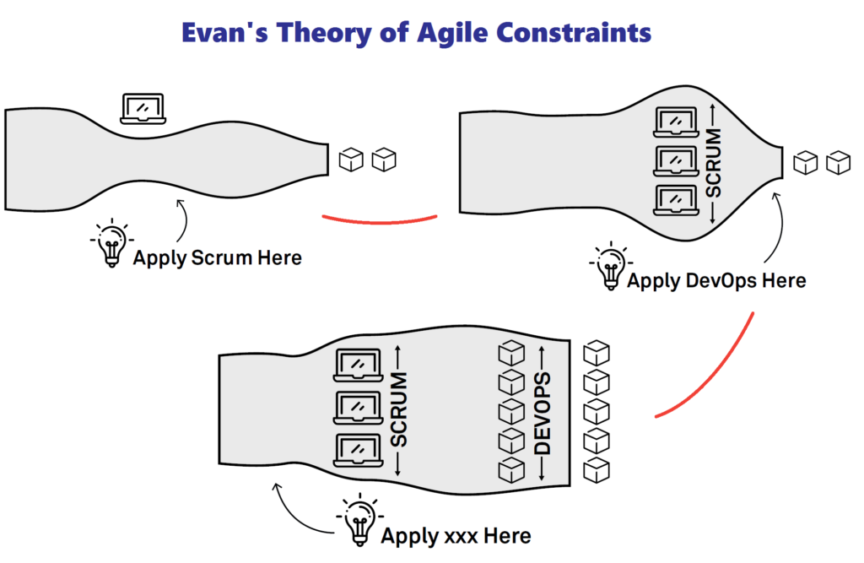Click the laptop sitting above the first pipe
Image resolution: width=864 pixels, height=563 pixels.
point(143,109)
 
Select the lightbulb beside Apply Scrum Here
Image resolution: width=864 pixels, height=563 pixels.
point(112,243)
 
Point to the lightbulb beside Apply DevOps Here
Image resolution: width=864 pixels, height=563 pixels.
point(611,266)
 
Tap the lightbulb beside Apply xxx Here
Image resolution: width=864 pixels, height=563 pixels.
point(359,520)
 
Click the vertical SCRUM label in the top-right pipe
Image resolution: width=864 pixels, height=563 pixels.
point(714,163)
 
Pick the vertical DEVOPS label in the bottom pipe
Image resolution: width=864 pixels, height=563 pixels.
point(543,413)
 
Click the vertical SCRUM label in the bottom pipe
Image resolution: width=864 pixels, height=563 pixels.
point(398,409)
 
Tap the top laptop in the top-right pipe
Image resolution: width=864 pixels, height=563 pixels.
point(676,122)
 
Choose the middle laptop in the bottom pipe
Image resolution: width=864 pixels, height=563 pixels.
point(358,408)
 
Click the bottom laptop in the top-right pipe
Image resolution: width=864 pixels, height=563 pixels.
point(676,200)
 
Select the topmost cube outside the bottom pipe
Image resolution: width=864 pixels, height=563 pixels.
point(597,353)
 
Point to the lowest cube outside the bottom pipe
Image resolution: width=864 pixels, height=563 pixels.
point(597,471)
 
